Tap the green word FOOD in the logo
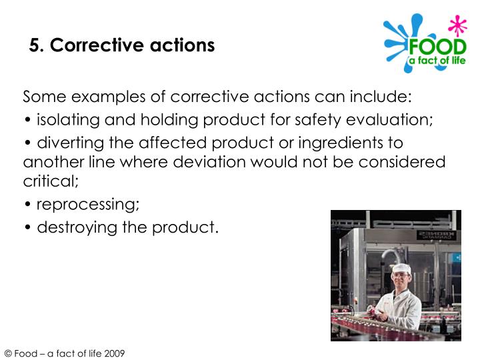(437, 49)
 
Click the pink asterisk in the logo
(457, 27)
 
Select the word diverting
(66, 143)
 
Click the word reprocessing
(87, 204)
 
